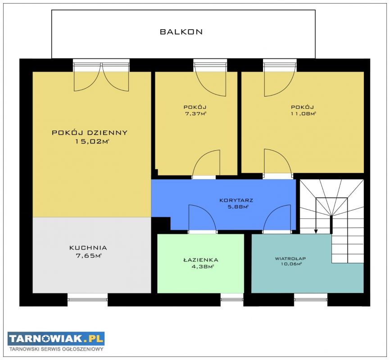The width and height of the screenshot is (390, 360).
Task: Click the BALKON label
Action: [181, 32]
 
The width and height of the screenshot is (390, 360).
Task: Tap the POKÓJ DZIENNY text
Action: [90, 132]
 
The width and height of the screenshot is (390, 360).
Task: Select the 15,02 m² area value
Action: [92, 142]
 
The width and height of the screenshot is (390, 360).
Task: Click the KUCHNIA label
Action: [88, 248]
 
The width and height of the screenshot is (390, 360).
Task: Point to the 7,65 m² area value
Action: [89, 256]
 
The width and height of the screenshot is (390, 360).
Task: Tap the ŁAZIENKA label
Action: [201, 260]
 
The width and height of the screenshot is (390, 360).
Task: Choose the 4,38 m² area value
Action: [202, 267]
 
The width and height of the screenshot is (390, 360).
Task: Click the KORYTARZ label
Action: [236, 200]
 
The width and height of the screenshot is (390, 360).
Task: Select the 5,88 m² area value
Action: [238, 207]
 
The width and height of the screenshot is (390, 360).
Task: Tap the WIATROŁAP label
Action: [290, 259]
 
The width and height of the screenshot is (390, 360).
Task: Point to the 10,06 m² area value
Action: [291, 264]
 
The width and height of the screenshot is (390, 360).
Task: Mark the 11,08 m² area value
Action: [303, 113]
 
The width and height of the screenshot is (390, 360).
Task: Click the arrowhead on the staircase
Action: [316, 231]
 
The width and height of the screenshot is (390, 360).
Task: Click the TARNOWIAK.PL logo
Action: [56, 338]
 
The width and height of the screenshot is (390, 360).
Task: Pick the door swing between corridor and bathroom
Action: [202, 218]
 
